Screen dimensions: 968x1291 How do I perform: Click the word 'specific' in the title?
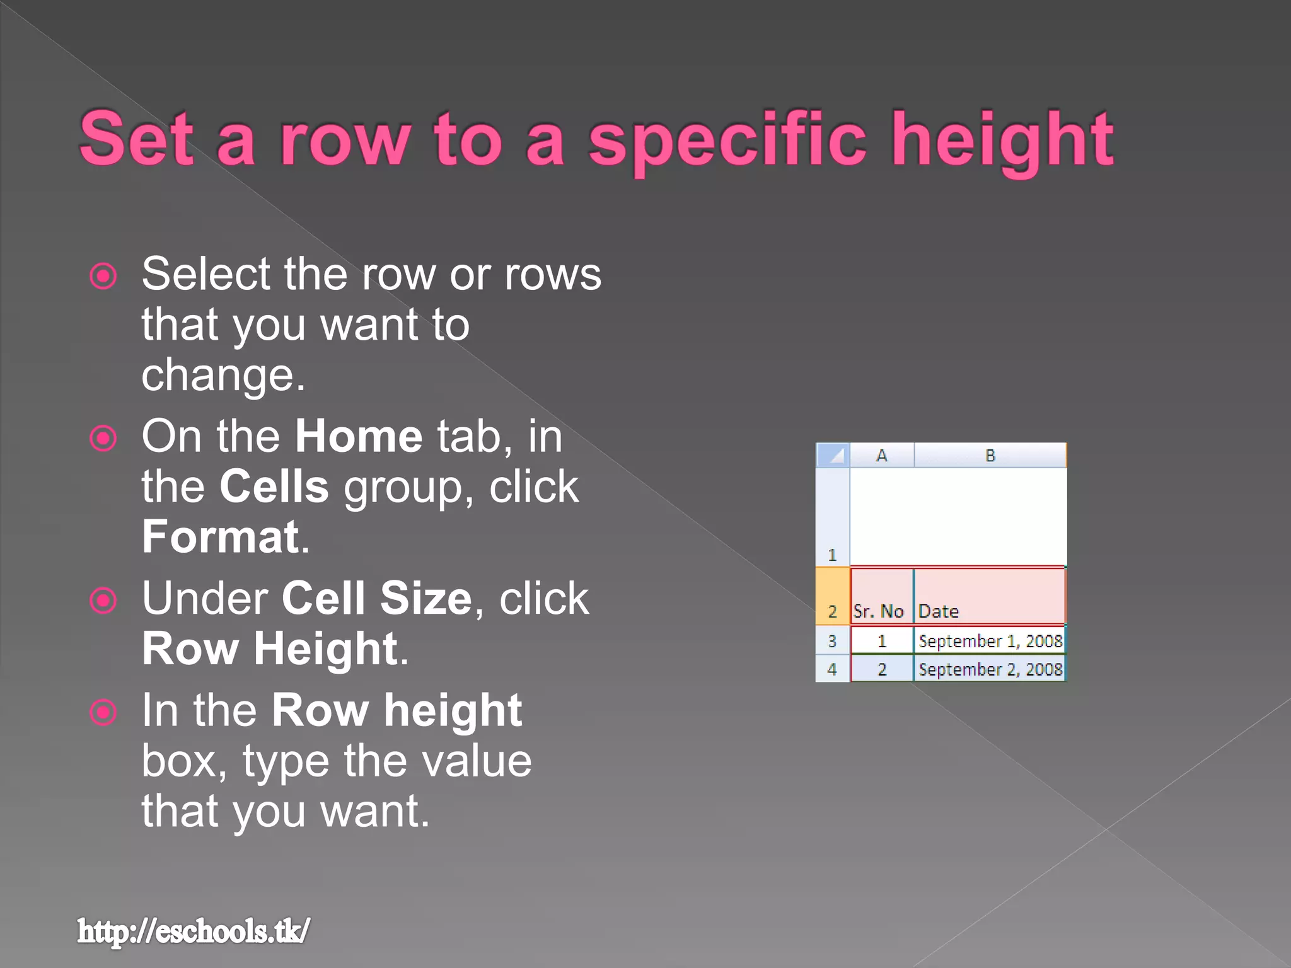[x=727, y=140]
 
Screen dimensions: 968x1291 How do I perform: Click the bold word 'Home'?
[x=359, y=436]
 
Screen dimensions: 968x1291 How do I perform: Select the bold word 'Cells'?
[x=274, y=487]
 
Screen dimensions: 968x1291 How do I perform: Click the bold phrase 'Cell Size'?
[x=376, y=598]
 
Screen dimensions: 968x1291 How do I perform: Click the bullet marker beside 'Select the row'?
[x=103, y=276]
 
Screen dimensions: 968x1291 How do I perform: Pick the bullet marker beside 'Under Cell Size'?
[x=103, y=600]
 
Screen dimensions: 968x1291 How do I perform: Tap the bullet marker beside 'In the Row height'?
[x=103, y=712]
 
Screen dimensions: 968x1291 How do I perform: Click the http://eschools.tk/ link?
[x=194, y=931]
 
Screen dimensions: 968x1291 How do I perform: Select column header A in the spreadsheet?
[x=882, y=455]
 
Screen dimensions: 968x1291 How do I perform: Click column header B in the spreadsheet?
[x=990, y=455]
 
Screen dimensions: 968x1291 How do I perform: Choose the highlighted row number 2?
[x=832, y=596]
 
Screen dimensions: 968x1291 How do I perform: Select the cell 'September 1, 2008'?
[x=989, y=641]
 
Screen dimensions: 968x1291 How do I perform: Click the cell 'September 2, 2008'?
[x=989, y=669]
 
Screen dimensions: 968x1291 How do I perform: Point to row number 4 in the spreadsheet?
[x=832, y=669]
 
